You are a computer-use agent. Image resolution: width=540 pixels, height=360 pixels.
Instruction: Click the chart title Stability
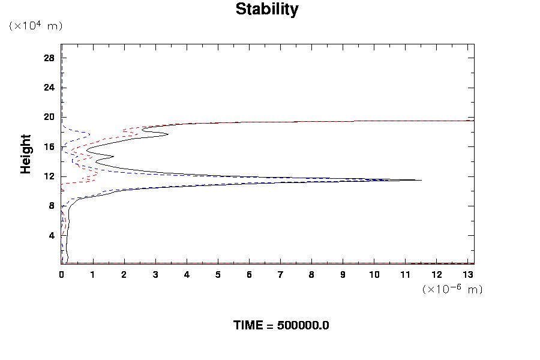click(266, 10)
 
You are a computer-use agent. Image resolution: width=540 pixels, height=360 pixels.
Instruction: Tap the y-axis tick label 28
click(49, 58)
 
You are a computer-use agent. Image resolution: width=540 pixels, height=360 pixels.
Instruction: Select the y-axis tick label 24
click(49, 88)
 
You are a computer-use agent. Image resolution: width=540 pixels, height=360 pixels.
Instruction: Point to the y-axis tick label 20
click(49, 117)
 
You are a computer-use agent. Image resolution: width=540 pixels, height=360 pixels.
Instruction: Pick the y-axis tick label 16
click(49, 147)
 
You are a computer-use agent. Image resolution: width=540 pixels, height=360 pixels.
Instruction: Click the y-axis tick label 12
click(49, 176)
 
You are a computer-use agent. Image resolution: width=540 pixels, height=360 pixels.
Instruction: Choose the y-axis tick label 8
click(52, 206)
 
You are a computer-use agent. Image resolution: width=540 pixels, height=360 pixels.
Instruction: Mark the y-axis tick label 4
click(52, 236)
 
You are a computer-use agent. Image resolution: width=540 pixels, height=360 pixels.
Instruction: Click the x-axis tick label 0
click(61, 275)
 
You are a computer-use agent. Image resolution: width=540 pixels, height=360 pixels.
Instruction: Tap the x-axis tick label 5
click(218, 275)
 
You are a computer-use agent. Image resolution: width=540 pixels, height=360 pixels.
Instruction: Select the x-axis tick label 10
click(374, 275)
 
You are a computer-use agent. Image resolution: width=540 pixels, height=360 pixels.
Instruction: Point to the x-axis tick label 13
click(468, 275)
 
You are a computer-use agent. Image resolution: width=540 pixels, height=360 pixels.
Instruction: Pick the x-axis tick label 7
click(280, 275)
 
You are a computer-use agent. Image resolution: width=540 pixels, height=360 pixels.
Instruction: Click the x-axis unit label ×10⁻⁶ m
click(452, 289)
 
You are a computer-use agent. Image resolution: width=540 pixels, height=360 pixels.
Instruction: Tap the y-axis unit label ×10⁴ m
click(35, 26)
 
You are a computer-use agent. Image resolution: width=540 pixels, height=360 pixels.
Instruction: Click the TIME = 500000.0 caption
click(281, 326)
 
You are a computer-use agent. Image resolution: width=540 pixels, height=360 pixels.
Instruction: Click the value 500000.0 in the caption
click(303, 326)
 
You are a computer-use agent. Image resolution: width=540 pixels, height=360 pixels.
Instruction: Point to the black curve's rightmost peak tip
click(421, 180)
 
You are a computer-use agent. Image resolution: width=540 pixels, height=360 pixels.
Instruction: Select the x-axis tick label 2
click(124, 275)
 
